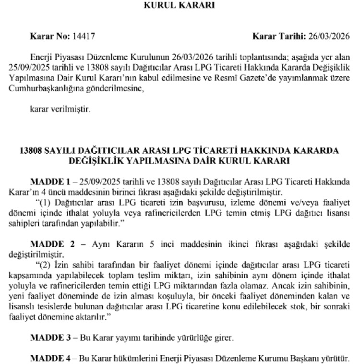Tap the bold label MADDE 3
click(50, 337)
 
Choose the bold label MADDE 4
click(50, 358)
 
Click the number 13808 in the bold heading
click(31, 150)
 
